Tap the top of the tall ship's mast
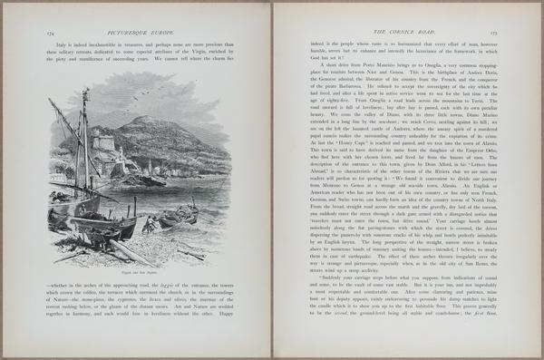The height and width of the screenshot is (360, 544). click(85, 92)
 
